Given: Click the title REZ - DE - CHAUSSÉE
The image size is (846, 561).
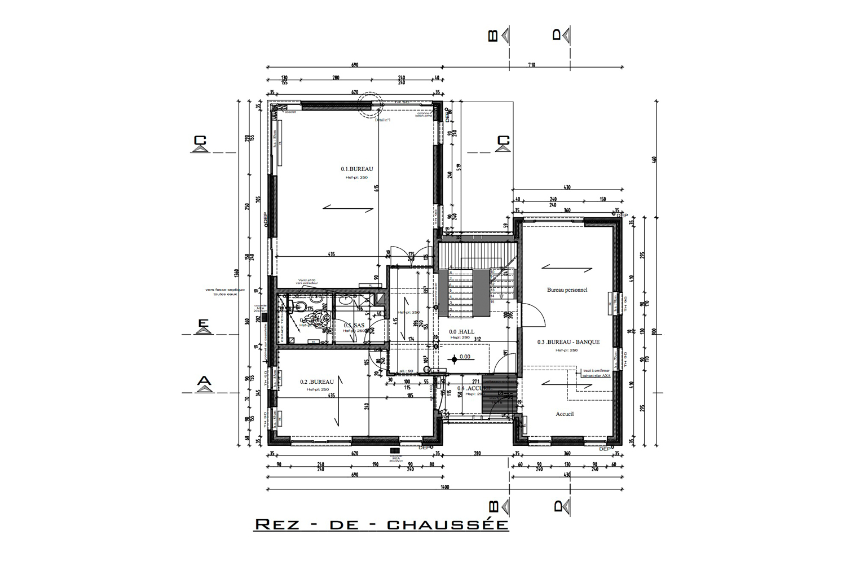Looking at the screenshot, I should pos(382,524).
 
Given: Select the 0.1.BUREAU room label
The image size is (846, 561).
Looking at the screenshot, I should pos(356,169).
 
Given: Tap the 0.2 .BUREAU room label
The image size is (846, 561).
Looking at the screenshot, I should pos(317,382).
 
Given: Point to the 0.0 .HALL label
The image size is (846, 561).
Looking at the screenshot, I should pos(461,332).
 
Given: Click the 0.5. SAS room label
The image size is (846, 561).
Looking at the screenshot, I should pos(354,326).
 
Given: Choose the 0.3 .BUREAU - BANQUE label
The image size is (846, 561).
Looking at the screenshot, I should pos(568,342).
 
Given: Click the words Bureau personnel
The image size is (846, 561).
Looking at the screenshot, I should pos(567,290).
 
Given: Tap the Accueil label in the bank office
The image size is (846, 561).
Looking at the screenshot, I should pos(564,414).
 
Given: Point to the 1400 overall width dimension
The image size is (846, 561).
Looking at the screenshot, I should pos(446,487).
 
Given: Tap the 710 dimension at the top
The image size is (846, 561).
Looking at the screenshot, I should pos(531,65).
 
